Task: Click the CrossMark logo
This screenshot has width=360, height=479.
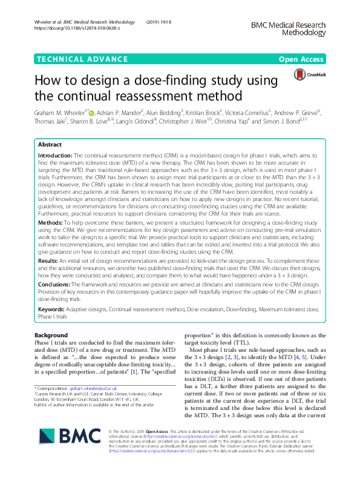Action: [304, 75]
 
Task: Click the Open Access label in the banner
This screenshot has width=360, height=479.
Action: [301, 60]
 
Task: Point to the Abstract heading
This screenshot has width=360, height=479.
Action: [50, 145]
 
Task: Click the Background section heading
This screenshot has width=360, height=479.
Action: [51, 335]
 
